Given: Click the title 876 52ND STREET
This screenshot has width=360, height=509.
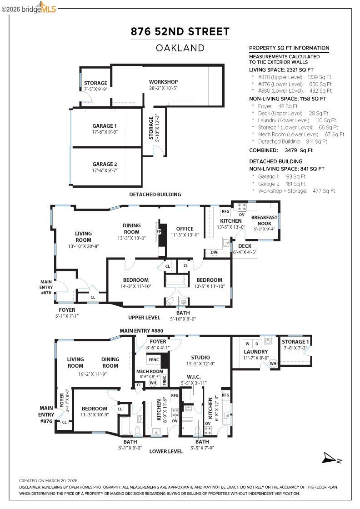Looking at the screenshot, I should [x=180, y=31].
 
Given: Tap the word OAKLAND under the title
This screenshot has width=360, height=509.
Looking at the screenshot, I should [x=180, y=48].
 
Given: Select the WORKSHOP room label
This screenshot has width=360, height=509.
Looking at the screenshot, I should [x=163, y=82].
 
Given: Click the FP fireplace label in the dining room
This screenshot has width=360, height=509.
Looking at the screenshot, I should [x=159, y=231].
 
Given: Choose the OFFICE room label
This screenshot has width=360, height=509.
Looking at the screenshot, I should [x=185, y=229].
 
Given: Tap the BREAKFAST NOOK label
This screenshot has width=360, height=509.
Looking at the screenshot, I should [x=264, y=220].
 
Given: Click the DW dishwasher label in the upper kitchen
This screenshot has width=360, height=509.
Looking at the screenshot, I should [x=214, y=252].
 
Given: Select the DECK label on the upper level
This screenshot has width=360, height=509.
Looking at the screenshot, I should [x=245, y=246].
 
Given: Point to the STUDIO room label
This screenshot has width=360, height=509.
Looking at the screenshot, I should [x=200, y=357].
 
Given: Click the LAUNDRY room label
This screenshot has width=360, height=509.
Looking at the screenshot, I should [x=255, y=352].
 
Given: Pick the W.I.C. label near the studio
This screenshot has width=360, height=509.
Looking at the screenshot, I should [x=194, y=377].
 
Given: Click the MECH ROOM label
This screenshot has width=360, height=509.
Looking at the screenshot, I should [x=150, y=371].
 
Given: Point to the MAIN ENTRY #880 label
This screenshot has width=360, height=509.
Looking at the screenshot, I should [x=141, y=330].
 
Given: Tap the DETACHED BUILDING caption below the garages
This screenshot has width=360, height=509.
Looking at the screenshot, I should [x=155, y=195].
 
